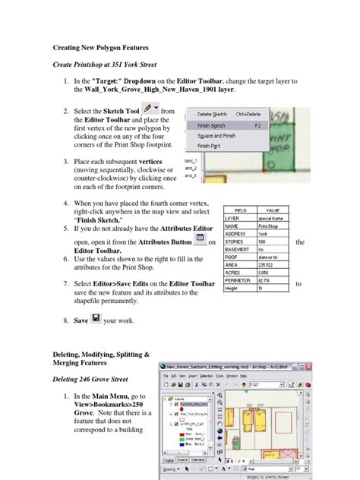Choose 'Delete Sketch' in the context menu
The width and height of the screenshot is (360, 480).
pyautogui.click(x=213, y=114)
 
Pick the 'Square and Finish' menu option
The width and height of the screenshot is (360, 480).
pyautogui.click(x=218, y=135)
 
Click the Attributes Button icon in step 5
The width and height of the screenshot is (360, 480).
pyautogui.click(x=200, y=239)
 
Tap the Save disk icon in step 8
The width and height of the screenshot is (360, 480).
pyautogui.click(x=96, y=319)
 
